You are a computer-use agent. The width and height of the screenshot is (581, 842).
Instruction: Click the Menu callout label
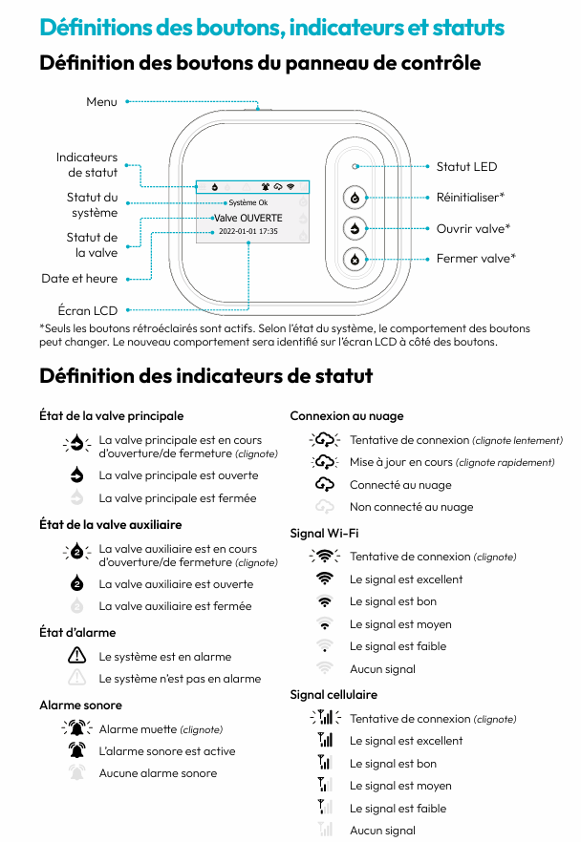101,101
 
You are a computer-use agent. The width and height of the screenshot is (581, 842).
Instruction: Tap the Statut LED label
466,166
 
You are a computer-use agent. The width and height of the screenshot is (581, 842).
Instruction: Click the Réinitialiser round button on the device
355,198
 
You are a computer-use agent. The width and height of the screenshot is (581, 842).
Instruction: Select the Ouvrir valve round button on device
355,228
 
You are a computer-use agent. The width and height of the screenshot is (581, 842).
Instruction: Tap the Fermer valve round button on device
355,259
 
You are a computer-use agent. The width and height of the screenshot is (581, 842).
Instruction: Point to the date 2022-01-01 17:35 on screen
248,231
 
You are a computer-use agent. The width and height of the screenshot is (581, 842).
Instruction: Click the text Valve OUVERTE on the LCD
247,218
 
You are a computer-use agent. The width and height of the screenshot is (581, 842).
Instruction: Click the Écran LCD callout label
88,310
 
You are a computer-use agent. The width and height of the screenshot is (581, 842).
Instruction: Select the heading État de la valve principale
111,415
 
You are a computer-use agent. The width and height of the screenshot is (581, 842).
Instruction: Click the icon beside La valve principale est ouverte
77,475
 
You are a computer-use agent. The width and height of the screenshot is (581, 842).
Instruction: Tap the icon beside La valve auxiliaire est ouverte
77,584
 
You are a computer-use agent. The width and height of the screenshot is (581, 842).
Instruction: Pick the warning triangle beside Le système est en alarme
77,656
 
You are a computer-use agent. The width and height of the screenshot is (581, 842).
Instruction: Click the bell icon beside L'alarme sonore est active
77,751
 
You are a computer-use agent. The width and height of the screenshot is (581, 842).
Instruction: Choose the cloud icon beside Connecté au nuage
326,484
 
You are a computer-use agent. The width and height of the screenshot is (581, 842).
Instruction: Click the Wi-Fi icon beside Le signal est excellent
326,579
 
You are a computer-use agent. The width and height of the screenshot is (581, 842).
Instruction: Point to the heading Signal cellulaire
334,694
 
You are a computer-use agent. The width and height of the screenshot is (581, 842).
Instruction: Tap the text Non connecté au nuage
411,507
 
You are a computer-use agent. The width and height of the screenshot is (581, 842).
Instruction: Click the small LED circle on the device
355,166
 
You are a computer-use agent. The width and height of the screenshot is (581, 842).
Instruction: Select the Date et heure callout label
79,279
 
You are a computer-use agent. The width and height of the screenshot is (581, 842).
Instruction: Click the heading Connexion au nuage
347,415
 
